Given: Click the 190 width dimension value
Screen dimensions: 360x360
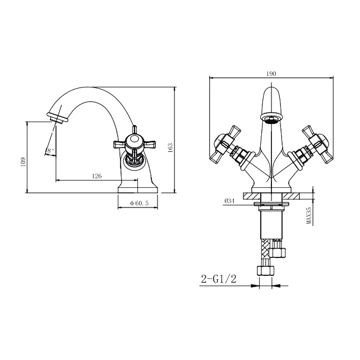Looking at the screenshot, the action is tap(271, 73).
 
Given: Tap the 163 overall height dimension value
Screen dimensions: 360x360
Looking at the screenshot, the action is tap(170, 147).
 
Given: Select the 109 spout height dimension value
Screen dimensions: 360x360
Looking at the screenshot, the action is tap(23, 162).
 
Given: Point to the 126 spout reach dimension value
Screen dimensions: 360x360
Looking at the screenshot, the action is tap(96, 176).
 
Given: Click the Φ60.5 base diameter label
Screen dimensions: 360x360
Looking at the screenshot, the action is tap(139, 203).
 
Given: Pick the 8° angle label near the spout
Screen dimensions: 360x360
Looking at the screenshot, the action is tap(50, 150).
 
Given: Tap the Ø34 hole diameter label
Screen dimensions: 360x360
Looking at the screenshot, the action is tap(229, 201).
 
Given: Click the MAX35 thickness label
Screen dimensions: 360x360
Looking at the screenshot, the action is tap(309, 215).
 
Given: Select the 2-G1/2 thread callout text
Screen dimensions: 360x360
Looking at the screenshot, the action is tap(219, 279).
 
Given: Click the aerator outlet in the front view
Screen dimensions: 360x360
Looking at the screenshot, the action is tap(271, 119).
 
